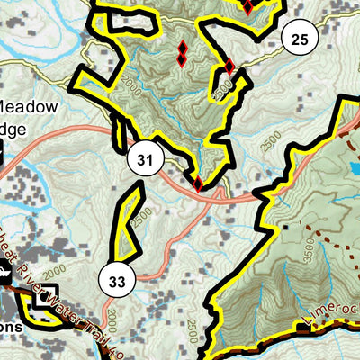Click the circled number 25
point(300,38)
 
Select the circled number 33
point(116,281)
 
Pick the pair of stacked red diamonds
point(182,53)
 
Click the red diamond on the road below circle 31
point(198,184)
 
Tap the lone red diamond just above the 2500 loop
point(229,66)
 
